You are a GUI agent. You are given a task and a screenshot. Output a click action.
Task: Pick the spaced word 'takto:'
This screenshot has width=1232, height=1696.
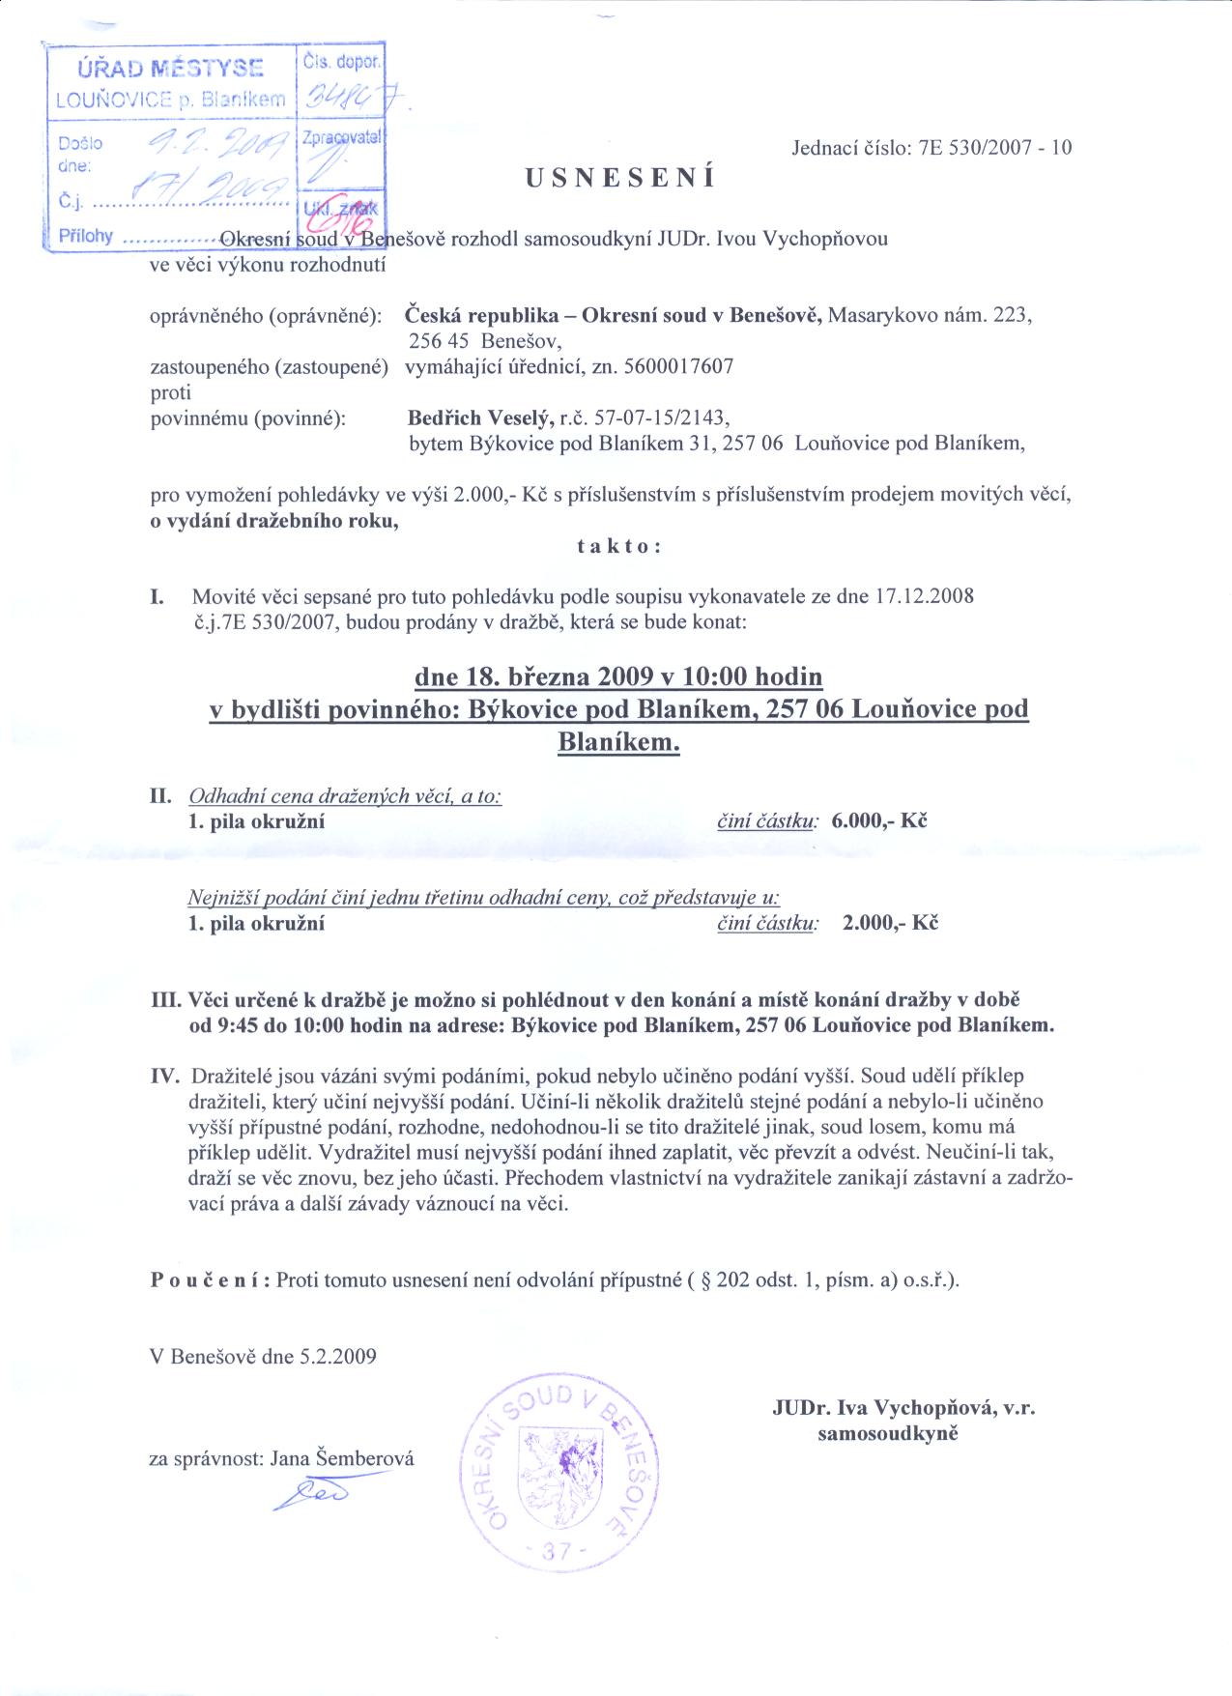(x=618, y=547)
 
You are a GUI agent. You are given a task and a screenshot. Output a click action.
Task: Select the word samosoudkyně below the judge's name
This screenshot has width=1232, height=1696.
(x=887, y=1434)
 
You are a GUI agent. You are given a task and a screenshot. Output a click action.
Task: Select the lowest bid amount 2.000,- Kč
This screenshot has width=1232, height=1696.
(x=890, y=922)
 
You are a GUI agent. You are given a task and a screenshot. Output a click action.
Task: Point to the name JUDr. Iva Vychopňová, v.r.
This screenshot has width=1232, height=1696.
(x=903, y=1409)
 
